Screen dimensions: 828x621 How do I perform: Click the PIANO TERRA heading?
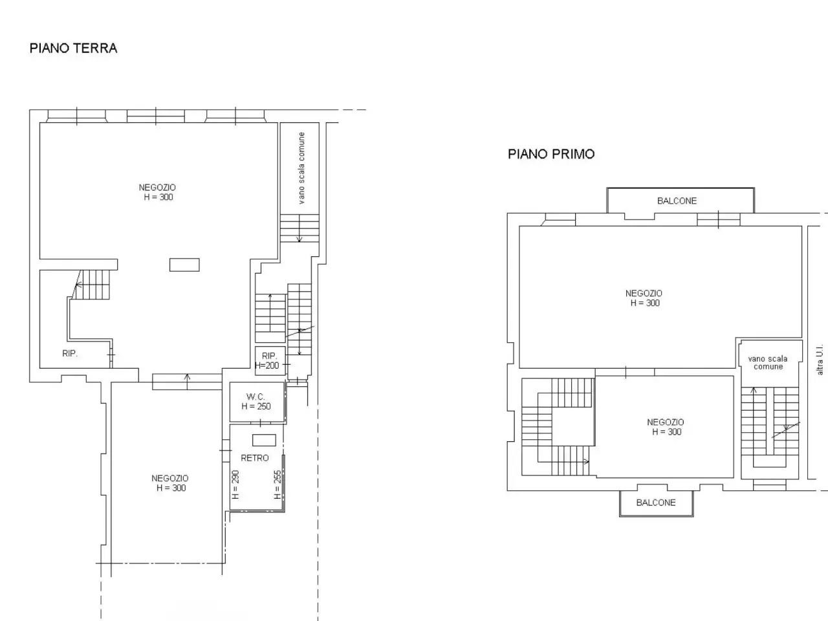74,49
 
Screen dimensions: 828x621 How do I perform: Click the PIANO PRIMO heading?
551,154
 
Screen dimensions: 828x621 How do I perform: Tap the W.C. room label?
256,397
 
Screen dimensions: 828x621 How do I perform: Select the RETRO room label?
255,458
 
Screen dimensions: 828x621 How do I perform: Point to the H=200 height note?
267,365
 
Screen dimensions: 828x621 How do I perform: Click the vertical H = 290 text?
235,485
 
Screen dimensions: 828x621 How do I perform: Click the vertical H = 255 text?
278,485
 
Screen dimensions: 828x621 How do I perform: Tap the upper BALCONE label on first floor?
677,201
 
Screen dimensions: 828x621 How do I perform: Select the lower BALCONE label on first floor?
656,502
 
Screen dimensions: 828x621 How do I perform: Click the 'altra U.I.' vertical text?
820,360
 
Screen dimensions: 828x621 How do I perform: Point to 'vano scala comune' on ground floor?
301,168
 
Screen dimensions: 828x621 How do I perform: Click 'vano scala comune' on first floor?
768,363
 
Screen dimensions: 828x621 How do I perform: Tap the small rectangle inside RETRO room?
264,440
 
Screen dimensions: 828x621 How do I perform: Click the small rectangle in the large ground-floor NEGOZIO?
184,265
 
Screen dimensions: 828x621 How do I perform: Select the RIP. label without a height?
70,353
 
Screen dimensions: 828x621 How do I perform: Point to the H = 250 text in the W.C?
256,406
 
